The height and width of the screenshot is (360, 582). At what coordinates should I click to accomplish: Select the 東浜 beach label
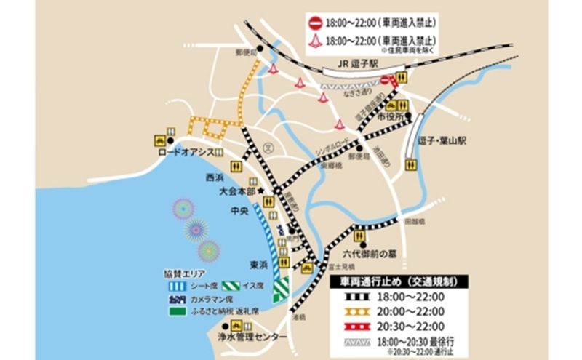click(x=258, y=264)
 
